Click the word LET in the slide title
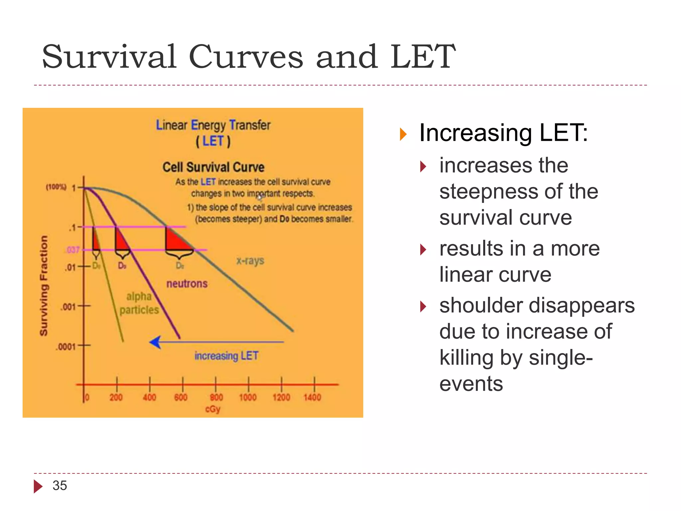pyautogui.click(x=422, y=57)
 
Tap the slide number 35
pyautogui.click(x=60, y=486)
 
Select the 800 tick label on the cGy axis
pyautogui.click(x=216, y=397)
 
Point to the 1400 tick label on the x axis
pyautogui.click(x=312, y=397)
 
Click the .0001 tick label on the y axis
pyautogui.click(x=66, y=347)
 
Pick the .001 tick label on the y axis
pyautogui.click(x=68, y=306)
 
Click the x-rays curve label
pyautogui.click(x=250, y=260)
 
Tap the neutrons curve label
pyautogui.click(x=187, y=284)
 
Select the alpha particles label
pyautogui.click(x=139, y=303)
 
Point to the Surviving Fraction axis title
pyautogui.click(x=44, y=285)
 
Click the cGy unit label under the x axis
pyautogui.click(x=213, y=409)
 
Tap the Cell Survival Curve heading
pyautogui.click(x=213, y=167)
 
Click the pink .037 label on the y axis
pyautogui.click(x=73, y=250)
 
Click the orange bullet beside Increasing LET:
pyautogui.click(x=403, y=134)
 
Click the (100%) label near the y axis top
pyautogui.click(x=56, y=187)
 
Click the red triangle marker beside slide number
pyautogui.click(x=38, y=486)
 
